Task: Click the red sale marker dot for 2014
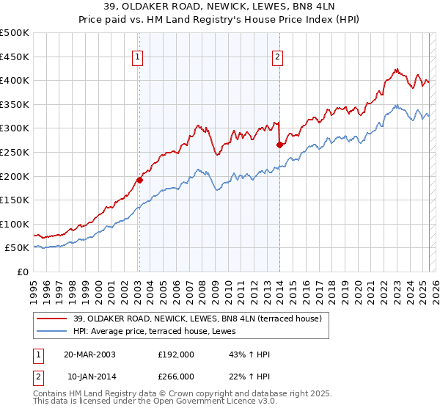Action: click(x=279, y=145)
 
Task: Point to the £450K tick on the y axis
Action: click(x=15, y=57)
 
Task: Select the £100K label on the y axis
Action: click(x=15, y=224)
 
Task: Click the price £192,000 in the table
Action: click(x=176, y=354)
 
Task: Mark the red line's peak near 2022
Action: click(x=395, y=70)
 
